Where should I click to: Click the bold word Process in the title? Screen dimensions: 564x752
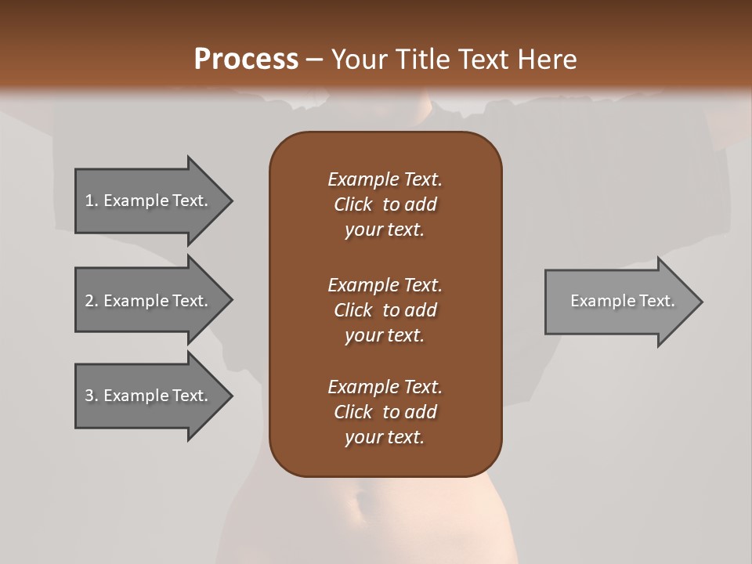[x=246, y=59]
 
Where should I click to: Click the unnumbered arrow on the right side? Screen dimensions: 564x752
[x=619, y=301]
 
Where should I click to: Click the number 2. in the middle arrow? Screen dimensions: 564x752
[x=91, y=301]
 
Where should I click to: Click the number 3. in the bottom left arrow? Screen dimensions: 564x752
[x=91, y=396]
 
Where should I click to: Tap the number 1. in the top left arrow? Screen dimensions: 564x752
[x=91, y=201]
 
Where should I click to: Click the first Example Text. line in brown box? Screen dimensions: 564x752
[x=385, y=179]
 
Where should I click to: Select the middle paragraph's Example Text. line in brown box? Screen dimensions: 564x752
[x=385, y=284]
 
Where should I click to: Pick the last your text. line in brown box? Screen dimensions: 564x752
[x=385, y=438]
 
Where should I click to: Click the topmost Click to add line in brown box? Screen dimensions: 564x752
[x=385, y=204]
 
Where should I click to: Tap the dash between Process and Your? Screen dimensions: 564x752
[x=314, y=60]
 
